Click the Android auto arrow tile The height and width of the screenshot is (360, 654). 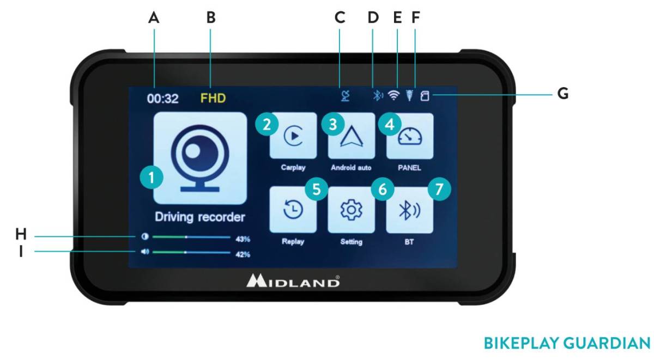pyautogui.click(x=352, y=136)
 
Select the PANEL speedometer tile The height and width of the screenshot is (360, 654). pyautogui.click(x=410, y=136)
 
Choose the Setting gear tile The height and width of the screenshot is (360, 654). pyautogui.click(x=352, y=210)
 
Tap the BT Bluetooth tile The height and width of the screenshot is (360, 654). pyautogui.click(x=410, y=210)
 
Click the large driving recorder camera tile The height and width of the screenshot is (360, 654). pyautogui.click(x=199, y=158)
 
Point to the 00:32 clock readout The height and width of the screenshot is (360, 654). pyautogui.click(x=162, y=99)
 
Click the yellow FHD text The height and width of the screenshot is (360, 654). pyautogui.click(x=213, y=99)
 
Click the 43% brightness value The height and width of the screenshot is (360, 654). pyautogui.click(x=243, y=239)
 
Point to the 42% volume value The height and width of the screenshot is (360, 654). pyautogui.click(x=243, y=254)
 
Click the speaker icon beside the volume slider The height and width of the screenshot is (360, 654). pyautogui.click(x=144, y=253)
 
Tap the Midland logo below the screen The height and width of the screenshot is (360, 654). pyautogui.click(x=293, y=281)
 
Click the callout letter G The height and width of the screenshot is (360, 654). pyautogui.click(x=562, y=94)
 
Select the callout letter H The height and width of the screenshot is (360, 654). pyautogui.click(x=21, y=234)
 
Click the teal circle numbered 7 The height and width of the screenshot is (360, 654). pyautogui.click(x=440, y=190)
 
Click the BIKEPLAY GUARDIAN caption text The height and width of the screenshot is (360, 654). pyautogui.click(x=567, y=343)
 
